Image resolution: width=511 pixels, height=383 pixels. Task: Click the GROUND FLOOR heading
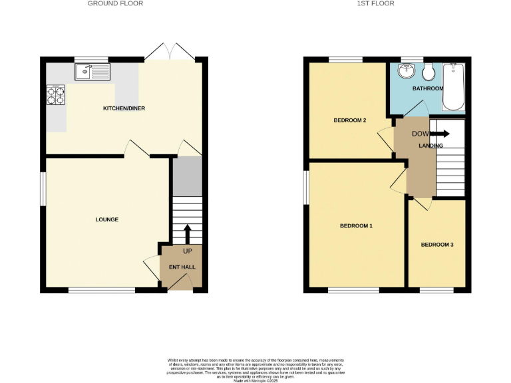pos(116,3)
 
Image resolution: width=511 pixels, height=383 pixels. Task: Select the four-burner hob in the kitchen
pos(55,96)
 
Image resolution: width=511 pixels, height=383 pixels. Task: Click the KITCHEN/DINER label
pos(124,108)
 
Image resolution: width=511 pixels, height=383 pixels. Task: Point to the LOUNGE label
pos(106,219)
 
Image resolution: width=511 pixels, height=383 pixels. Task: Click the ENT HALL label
pos(178,267)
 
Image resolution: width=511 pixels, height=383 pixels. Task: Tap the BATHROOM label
pos(427,88)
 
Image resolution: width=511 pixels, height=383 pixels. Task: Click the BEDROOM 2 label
pos(349,120)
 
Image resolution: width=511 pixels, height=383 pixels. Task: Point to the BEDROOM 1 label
pos(356,226)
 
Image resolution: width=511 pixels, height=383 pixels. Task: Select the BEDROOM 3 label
pos(437,245)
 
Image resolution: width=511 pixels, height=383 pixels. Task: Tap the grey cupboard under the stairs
pos(187,176)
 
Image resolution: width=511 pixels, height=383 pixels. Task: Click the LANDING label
pos(430,145)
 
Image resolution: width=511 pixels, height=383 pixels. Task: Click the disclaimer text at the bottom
pos(255,368)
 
